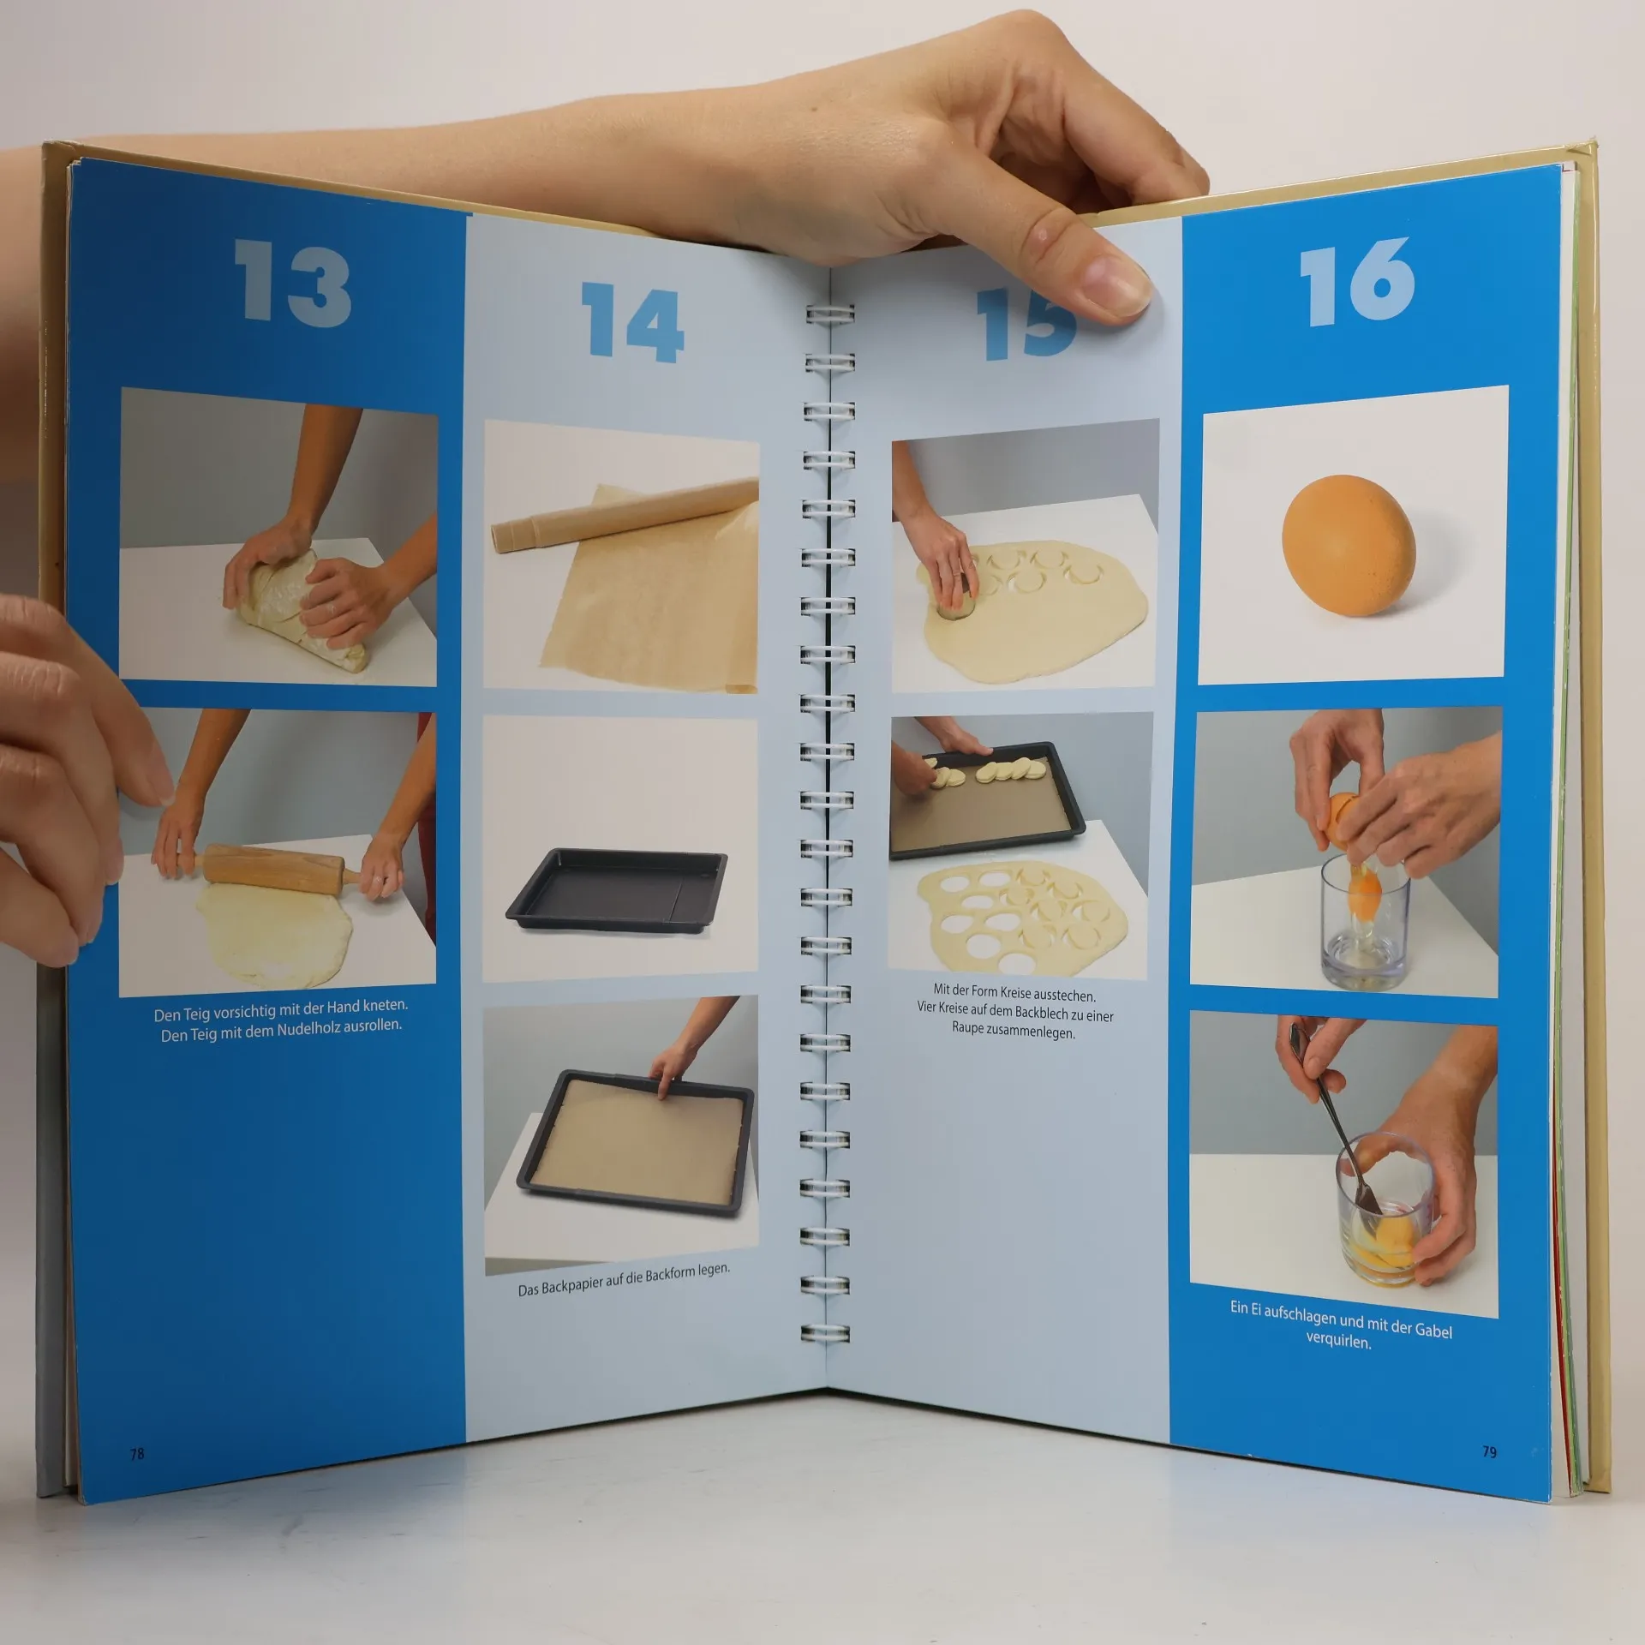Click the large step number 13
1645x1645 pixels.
click(292, 282)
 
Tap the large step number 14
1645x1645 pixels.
click(633, 323)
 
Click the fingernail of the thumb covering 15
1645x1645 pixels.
click(1114, 286)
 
